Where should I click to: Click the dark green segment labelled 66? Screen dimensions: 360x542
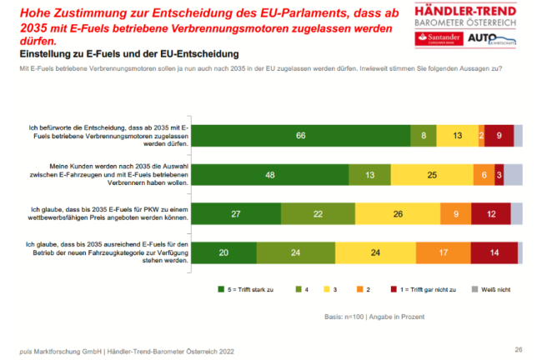click(x=302, y=134)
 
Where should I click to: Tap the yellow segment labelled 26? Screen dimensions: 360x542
click(x=399, y=214)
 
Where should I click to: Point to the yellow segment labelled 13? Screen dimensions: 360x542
click(x=457, y=134)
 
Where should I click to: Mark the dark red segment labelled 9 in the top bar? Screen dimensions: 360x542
click(x=499, y=134)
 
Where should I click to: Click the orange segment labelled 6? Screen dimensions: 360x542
click(x=484, y=174)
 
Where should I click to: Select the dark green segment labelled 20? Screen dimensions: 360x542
click(x=224, y=253)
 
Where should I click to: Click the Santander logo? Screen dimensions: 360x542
click(x=439, y=40)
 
